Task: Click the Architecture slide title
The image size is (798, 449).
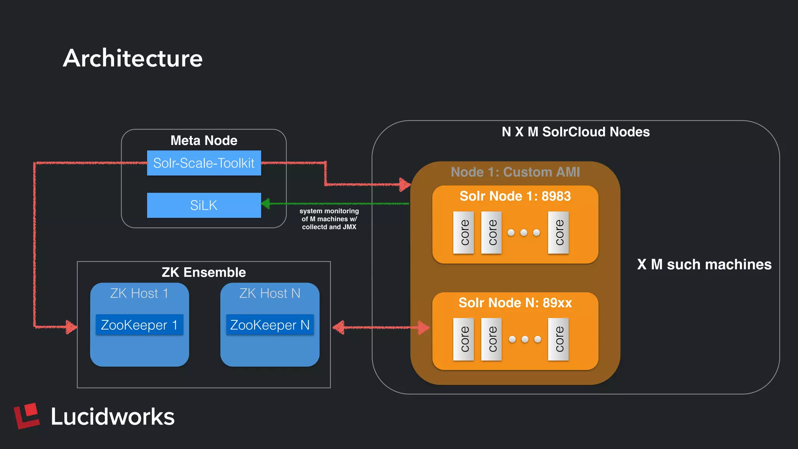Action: coord(132,58)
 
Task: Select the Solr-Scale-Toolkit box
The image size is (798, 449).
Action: coord(204,163)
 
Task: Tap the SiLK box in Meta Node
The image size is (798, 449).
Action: coord(204,205)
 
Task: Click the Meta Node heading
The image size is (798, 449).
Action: coord(204,140)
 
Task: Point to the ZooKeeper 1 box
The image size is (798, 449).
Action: coord(139,325)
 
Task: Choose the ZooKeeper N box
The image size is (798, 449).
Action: coord(270,325)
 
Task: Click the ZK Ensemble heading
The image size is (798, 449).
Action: coord(204,272)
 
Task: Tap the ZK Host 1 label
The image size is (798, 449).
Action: coord(139,293)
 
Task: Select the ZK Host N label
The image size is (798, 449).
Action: coord(270,293)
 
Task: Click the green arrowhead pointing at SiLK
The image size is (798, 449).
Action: coord(266,203)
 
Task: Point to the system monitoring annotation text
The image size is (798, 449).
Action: coord(329,219)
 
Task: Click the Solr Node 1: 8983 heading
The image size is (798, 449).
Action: coord(515,196)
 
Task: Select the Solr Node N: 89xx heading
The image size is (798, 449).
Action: coord(515,303)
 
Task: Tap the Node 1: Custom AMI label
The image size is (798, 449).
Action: coord(515,172)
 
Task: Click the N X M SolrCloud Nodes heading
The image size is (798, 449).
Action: coord(576,132)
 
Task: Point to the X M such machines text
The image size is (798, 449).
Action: coord(704,264)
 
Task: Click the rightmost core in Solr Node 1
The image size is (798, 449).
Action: coord(558,233)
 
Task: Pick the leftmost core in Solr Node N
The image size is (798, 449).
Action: coord(463,339)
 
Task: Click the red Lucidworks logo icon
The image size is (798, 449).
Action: coord(27,415)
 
